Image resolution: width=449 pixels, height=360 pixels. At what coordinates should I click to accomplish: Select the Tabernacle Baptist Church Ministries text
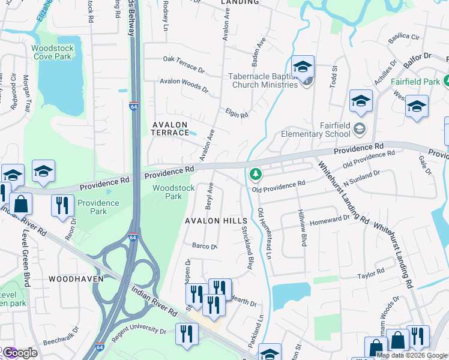pyautogui.click(x=263, y=80)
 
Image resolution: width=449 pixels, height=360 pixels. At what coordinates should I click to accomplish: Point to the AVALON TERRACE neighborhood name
pyautogui.click(x=170, y=128)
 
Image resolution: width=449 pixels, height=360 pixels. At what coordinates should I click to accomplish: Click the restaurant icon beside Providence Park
pyautogui.click(x=62, y=205)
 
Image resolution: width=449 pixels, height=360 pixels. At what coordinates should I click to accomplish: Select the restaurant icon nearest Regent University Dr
pyautogui.click(x=186, y=333)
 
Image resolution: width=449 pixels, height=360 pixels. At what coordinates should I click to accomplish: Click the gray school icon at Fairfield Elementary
pyautogui.click(x=359, y=128)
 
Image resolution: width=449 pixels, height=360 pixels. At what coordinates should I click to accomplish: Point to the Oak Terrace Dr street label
pyautogui.click(x=184, y=59)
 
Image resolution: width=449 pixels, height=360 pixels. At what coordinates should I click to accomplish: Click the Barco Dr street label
pyautogui.click(x=204, y=246)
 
